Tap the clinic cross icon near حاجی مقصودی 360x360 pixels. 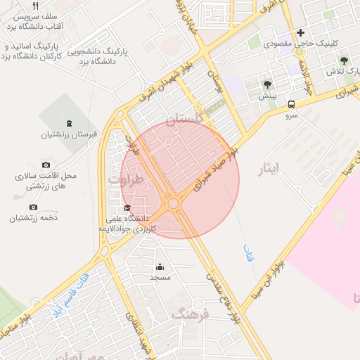point(300,32)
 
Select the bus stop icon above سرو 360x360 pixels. point(291,105)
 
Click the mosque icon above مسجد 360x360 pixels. point(160,266)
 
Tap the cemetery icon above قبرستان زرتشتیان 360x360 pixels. point(67,123)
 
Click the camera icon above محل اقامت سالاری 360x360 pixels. point(46,165)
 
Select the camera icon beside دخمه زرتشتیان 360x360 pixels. point(33,207)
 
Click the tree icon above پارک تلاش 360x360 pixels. point(344,61)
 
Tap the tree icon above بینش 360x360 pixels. point(267,84)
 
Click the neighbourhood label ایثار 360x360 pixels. point(269,168)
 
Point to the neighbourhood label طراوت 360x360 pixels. point(126,180)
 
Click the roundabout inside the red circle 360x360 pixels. point(172,204)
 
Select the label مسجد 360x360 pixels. point(160,278)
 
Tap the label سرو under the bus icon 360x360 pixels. point(291,117)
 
